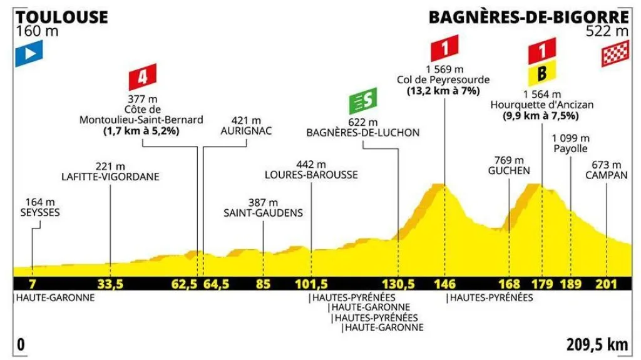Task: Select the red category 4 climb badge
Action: [143, 78]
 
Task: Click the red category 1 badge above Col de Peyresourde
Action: [445, 48]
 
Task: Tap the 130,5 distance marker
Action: [399, 284]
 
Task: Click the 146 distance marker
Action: [445, 284]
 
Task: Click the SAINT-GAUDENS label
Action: [263, 213]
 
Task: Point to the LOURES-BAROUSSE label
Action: [311, 175]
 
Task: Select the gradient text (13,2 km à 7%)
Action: [443, 91]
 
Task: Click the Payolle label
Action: [570, 149]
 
